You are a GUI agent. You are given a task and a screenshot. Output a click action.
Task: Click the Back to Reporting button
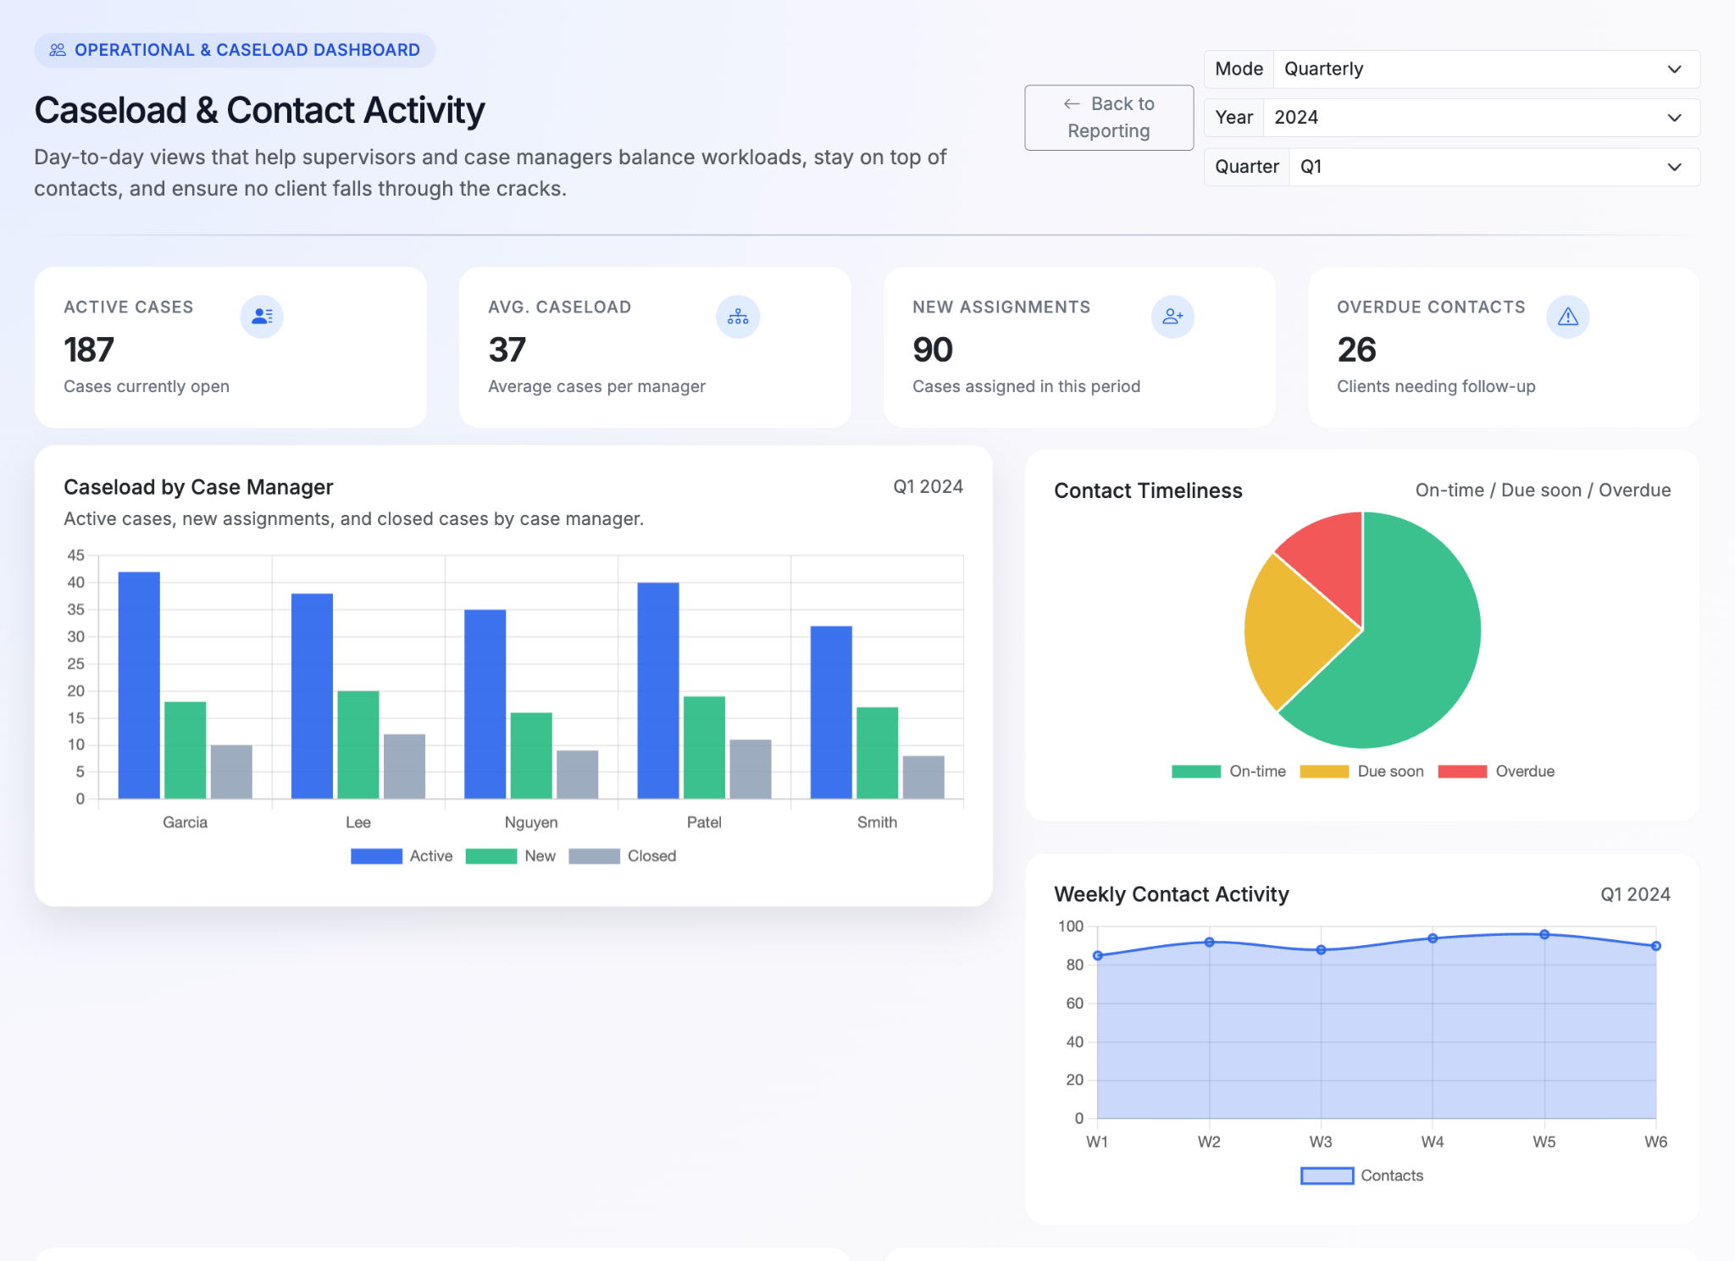pyautogui.click(x=1108, y=118)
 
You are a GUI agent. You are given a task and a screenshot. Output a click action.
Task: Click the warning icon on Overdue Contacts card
pyautogui.click(x=1567, y=317)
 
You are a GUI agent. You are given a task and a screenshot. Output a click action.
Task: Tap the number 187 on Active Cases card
pyautogui.click(x=89, y=350)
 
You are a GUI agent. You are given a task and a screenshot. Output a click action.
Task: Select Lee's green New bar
pyautogui.click(x=358, y=744)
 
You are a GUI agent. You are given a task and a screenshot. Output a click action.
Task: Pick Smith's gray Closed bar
pyautogui.click(x=923, y=777)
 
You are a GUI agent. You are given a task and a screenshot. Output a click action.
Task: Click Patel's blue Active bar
pyautogui.click(x=657, y=689)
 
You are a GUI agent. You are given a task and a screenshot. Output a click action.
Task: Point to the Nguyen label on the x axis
pyautogui.click(x=531, y=822)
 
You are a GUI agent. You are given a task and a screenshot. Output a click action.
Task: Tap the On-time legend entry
pyautogui.click(x=1228, y=772)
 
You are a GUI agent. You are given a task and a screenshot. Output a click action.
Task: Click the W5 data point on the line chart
pyautogui.click(x=1544, y=934)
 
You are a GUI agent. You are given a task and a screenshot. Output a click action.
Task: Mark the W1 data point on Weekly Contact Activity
pyautogui.click(x=1098, y=955)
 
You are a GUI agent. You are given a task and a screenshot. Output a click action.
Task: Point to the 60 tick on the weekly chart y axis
pyautogui.click(x=1074, y=1004)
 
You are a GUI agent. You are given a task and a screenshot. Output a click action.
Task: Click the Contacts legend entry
pyautogui.click(x=1361, y=1175)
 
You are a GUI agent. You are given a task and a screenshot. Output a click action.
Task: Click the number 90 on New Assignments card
pyautogui.click(x=933, y=350)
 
